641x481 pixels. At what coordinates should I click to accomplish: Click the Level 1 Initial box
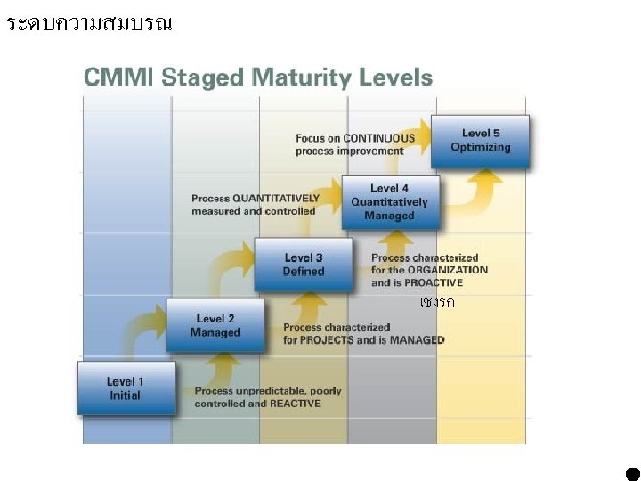tap(126, 388)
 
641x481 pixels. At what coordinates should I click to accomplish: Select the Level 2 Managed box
tap(215, 325)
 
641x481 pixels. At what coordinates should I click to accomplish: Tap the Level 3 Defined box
tap(304, 265)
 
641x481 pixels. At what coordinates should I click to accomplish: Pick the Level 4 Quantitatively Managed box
tap(391, 202)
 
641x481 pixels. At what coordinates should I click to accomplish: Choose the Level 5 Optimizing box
tap(480, 142)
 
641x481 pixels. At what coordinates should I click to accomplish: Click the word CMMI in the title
tap(118, 77)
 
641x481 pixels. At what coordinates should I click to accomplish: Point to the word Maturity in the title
tap(301, 78)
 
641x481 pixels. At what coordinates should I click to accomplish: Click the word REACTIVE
tap(296, 404)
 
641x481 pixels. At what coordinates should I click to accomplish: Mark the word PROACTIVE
tap(434, 282)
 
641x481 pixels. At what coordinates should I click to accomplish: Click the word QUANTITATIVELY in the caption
tap(276, 199)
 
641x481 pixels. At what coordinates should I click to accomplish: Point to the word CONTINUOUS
tap(379, 138)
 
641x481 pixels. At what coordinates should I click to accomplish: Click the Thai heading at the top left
tap(90, 24)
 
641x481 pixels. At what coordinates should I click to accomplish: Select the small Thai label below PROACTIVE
tap(437, 302)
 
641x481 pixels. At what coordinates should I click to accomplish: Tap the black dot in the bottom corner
tap(633, 474)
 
